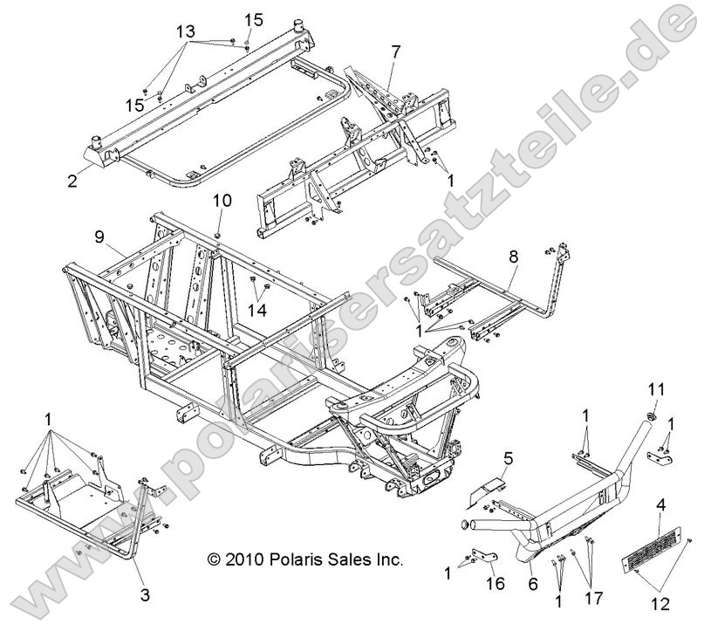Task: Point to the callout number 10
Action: pos(222,200)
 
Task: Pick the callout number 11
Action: pos(654,387)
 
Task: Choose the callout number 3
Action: pos(144,595)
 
